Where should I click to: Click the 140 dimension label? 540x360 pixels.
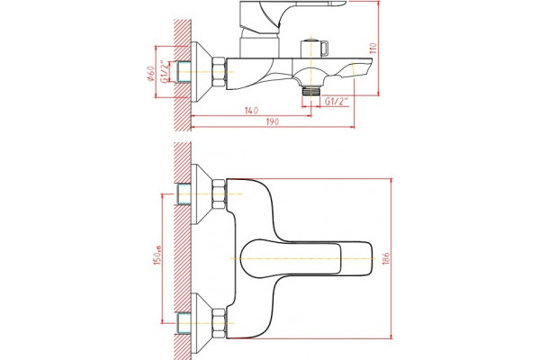pos(251,111)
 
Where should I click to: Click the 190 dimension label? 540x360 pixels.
pos(273,121)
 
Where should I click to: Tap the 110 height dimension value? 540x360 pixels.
pos(373,48)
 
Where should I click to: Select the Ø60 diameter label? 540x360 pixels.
pos(151,74)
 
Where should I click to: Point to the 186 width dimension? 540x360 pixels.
pos(386,258)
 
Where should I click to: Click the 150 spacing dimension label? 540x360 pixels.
pos(157,256)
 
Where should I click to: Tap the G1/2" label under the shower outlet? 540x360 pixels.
pos(337,102)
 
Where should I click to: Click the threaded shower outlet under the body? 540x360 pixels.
pos(311,91)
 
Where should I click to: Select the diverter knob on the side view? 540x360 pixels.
pos(315,49)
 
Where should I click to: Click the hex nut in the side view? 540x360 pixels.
pos(219,72)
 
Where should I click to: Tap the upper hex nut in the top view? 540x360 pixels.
pos(219,194)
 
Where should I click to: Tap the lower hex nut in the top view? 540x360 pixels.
pos(219,323)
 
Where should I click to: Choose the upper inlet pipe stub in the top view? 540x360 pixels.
pos(184,194)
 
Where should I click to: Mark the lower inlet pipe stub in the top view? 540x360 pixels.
pos(184,323)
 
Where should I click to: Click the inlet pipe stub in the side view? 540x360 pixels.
pos(184,72)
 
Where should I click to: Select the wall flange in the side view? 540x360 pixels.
pos(202,72)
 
